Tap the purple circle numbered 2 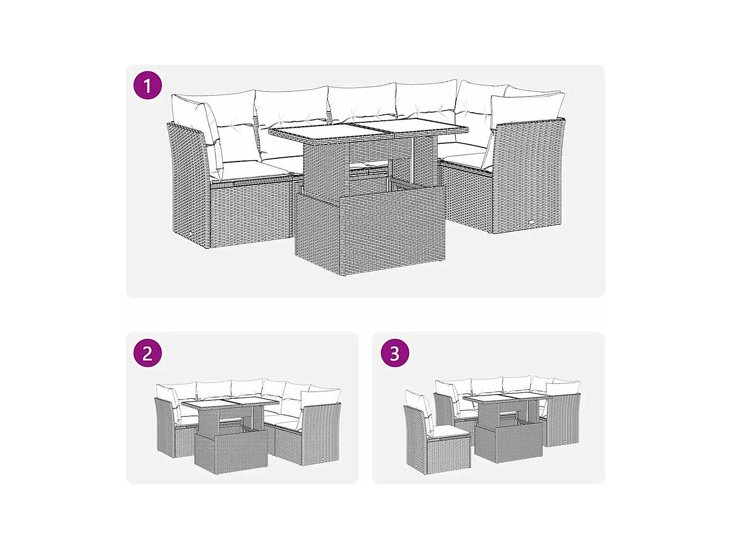(148, 353)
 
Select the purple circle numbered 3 (395, 353)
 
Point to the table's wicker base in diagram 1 (370, 230)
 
